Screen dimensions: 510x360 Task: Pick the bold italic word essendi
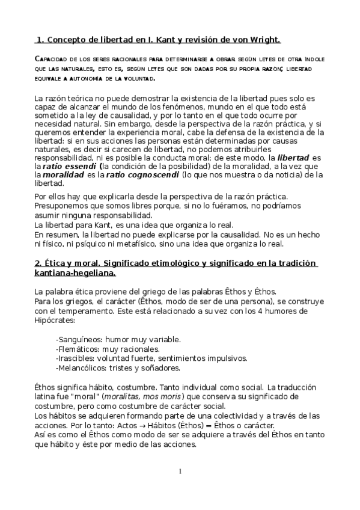[80, 165]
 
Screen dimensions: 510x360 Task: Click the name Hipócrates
[56, 321]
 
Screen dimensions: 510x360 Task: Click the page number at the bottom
[180, 471]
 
